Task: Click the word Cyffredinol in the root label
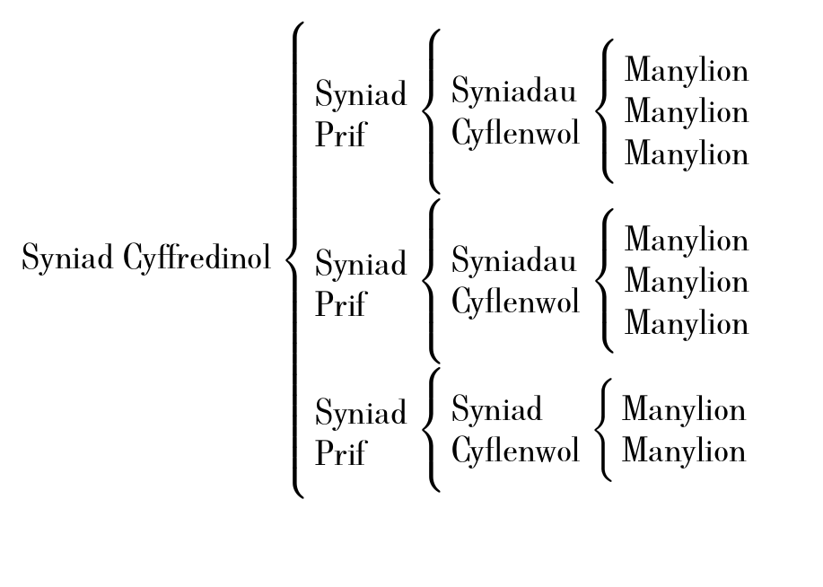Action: click(197, 258)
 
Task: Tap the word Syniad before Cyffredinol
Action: click(68, 258)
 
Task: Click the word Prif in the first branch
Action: click(340, 135)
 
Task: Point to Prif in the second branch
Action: click(340, 304)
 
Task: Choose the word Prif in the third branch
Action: click(340, 453)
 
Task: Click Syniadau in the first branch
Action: click(513, 91)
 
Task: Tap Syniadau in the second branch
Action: click(513, 260)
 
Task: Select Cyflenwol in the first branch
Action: click(515, 134)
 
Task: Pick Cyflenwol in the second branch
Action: click(515, 302)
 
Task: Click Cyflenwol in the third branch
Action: click(515, 451)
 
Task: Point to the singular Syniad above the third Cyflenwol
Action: click(496, 409)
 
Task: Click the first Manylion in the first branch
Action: click(687, 70)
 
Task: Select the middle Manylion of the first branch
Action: click(687, 112)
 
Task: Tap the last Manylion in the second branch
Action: click(687, 323)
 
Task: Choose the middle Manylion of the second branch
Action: click(687, 282)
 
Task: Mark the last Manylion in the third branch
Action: click(684, 451)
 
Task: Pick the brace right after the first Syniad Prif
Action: click(432, 111)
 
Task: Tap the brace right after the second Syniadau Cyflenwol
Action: click(606, 281)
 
